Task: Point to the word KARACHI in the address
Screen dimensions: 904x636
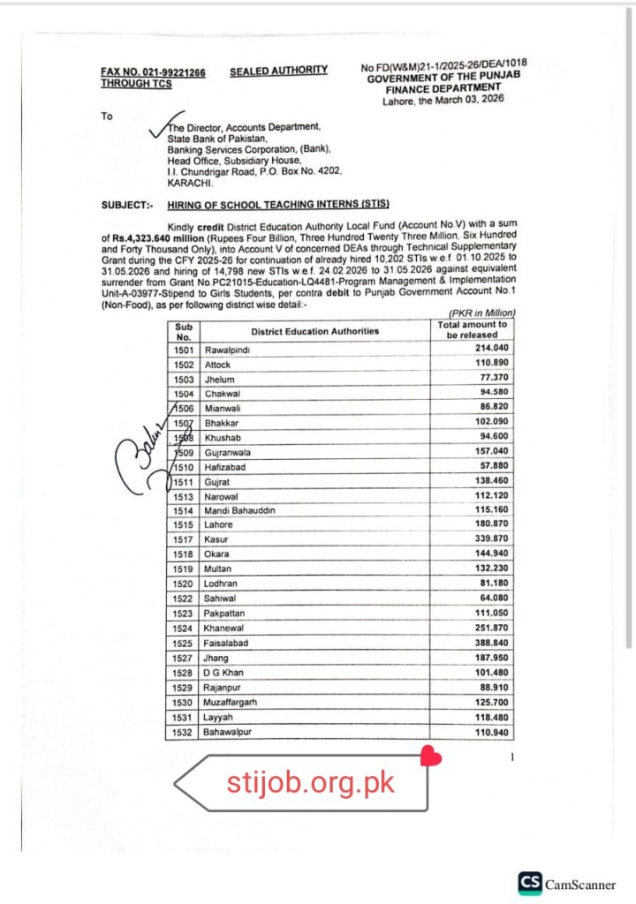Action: [x=187, y=182]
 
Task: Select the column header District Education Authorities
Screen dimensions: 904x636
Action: [x=314, y=331]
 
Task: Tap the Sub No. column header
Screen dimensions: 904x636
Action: [x=184, y=331]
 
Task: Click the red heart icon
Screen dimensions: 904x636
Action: [x=430, y=756]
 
